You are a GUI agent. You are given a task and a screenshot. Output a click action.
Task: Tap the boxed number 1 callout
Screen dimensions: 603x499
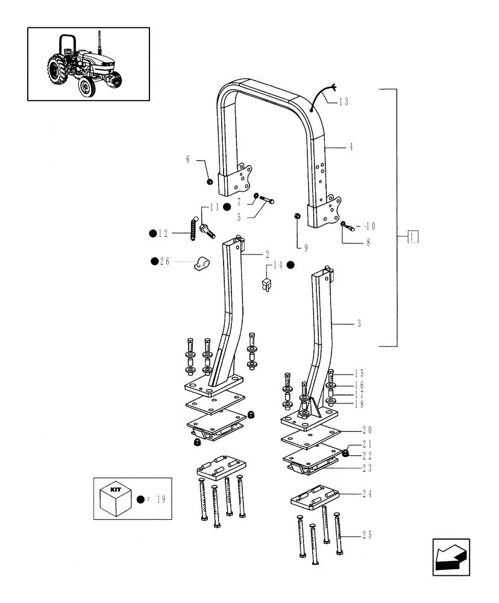pyautogui.click(x=412, y=236)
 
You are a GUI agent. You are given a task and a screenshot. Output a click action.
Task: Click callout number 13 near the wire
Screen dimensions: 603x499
pyautogui.click(x=344, y=103)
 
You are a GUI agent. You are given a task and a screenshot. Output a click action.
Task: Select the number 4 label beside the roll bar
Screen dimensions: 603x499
pyautogui.click(x=351, y=146)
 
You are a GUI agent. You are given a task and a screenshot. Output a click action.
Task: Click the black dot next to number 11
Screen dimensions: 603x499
pyautogui.click(x=227, y=207)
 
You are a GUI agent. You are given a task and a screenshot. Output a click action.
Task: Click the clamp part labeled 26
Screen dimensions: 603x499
pyautogui.click(x=202, y=264)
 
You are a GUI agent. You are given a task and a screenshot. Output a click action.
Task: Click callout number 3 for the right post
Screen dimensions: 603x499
pyautogui.click(x=359, y=324)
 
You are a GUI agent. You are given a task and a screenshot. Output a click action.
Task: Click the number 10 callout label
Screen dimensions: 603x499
pyautogui.click(x=369, y=226)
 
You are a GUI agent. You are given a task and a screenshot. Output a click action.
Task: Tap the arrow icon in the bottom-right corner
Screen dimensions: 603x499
pyautogui.click(x=451, y=557)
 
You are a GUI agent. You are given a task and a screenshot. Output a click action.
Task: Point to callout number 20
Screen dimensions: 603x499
pyautogui.click(x=367, y=430)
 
